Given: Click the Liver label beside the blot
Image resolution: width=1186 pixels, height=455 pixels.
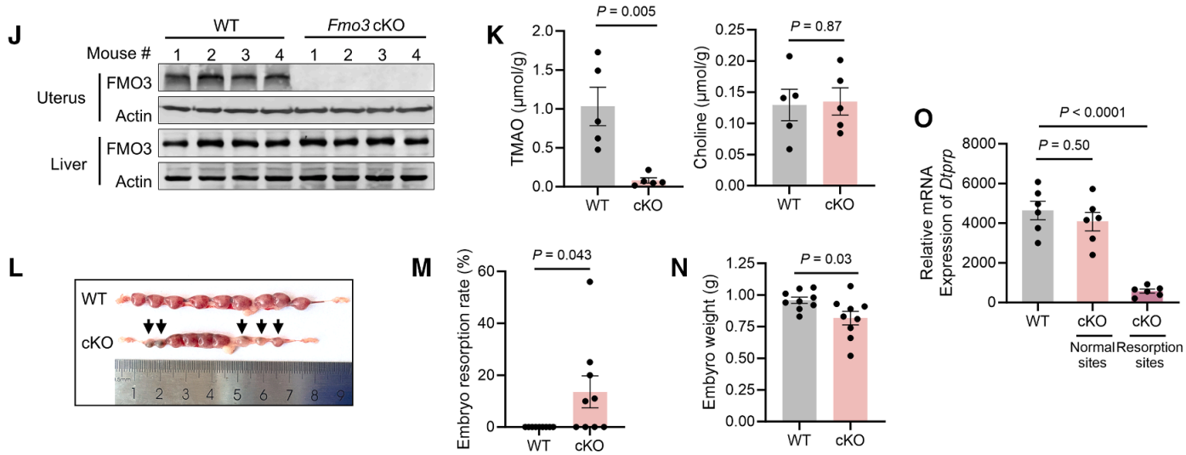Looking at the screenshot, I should tap(66, 163).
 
